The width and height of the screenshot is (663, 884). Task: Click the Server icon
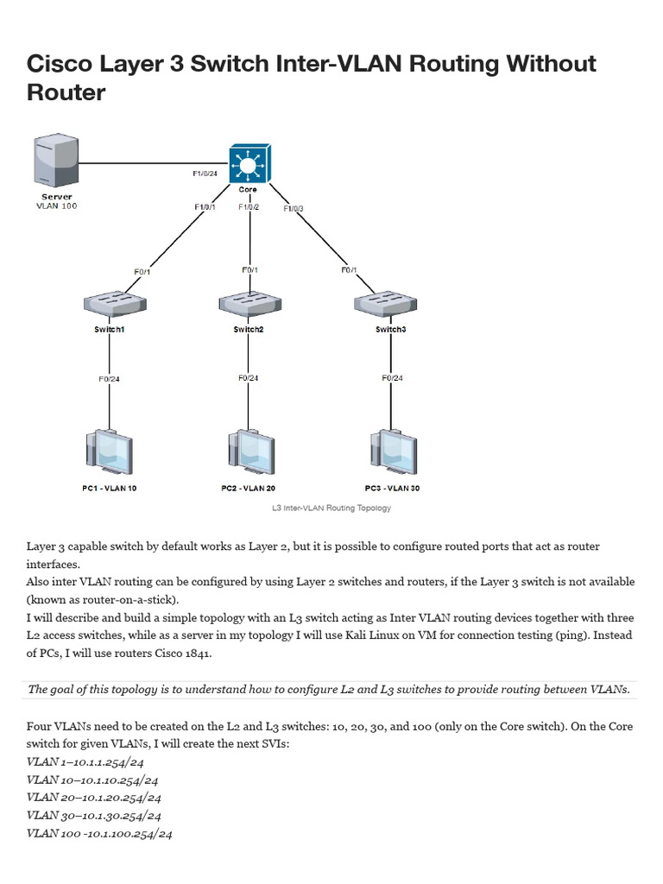(x=56, y=160)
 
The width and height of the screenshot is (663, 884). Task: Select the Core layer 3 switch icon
(x=249, y=163)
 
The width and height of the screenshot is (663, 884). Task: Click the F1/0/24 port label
(x=205, y=174)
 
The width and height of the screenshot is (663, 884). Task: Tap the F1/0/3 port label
(x=294, y=209)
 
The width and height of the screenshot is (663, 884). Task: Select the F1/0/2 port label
(x=249, y=207)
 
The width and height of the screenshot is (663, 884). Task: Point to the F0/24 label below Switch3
(x=393, y=378)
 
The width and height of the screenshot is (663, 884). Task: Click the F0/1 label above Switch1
(x=142, y=272)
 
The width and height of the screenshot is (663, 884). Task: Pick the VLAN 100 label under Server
(x=56, y=205)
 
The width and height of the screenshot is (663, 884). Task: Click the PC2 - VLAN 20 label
(x=248, y=489)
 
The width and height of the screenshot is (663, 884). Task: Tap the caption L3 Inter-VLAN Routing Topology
(x=331, y=508)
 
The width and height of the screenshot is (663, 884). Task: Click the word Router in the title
(x=66, y=92)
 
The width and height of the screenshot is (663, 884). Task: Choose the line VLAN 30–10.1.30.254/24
(x=93, y=816)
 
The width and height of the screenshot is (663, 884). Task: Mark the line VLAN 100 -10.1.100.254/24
(x=99, y=834)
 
